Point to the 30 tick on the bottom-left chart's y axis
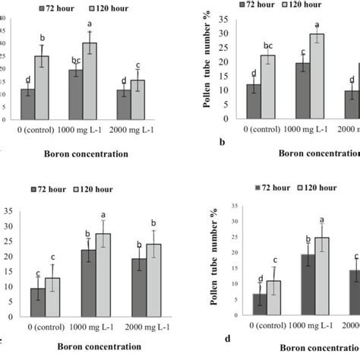pos(8,226)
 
